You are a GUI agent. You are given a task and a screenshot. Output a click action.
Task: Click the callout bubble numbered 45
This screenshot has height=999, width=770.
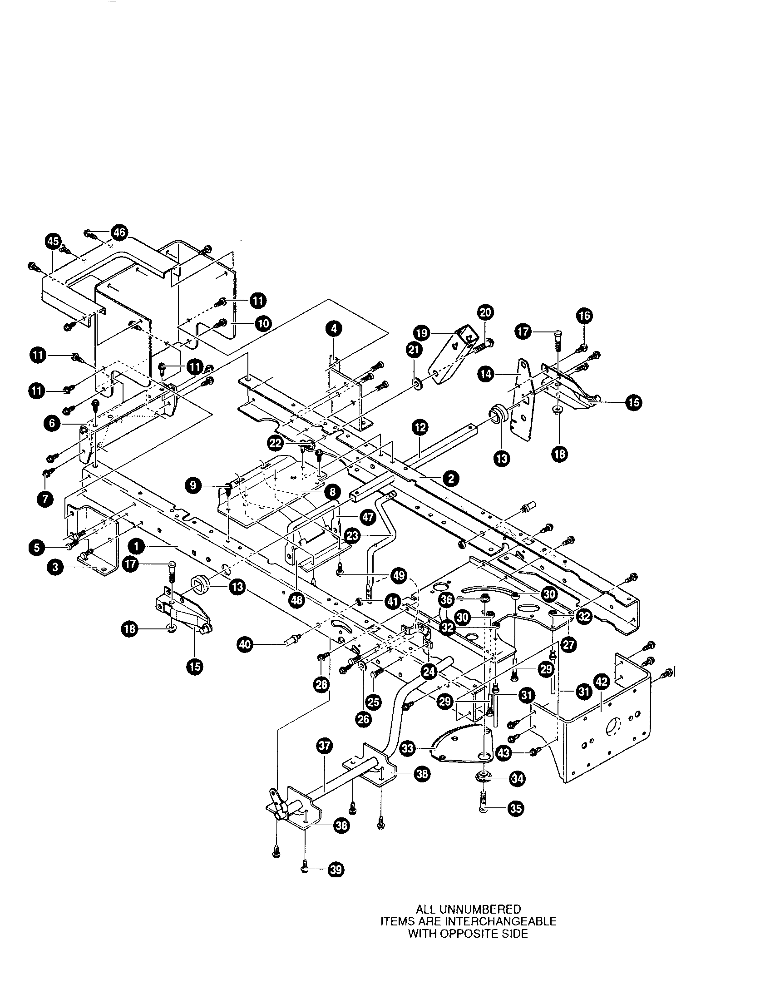click(54, 241)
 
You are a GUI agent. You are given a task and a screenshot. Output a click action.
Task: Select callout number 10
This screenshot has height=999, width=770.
click(263, 323)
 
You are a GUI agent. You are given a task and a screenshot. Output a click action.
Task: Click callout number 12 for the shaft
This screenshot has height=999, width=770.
click(420, 428)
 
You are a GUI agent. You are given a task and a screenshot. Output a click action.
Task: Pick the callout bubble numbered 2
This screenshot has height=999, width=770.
click(451, 479)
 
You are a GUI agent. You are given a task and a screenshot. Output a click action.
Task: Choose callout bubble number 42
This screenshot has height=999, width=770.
click(601, 682)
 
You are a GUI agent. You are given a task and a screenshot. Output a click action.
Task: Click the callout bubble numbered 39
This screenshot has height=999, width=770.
click(336, 870)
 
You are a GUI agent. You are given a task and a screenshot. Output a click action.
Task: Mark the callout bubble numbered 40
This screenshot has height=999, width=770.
click(246, 645)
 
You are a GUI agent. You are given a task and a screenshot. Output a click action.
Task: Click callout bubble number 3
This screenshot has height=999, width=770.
click(55, 568)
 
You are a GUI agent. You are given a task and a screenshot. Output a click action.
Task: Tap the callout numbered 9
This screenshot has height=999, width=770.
click(194, 485)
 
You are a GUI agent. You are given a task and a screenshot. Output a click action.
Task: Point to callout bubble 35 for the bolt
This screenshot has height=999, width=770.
click(516, 808)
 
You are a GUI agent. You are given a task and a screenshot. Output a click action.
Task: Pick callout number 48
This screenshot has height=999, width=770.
click(297, 600)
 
